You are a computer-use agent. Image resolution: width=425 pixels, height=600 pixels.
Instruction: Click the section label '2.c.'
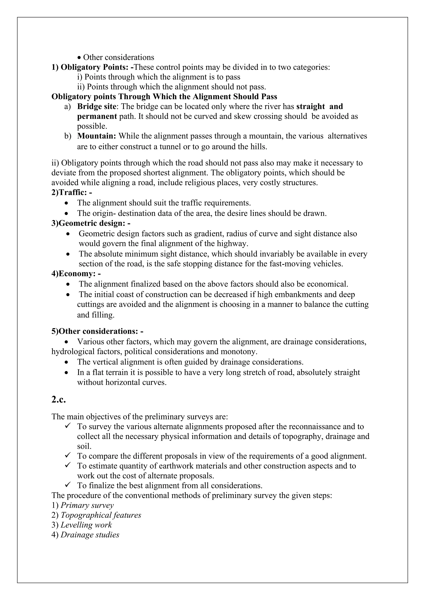coord(58,400)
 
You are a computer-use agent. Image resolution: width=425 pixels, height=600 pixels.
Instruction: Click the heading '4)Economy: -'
coord(76,274)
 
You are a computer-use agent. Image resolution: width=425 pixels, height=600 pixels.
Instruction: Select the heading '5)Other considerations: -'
coord(97,331)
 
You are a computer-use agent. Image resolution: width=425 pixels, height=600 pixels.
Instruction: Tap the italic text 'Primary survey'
coord(87,505)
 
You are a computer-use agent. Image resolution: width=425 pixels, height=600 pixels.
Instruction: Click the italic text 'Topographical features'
coord(101,515)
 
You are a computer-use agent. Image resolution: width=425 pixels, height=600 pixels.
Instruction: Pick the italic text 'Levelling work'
coord(86,525)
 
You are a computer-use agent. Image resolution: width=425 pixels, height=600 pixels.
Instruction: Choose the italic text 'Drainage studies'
coord(90,535)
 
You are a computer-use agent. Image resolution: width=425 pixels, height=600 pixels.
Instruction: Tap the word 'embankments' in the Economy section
coord(288,295)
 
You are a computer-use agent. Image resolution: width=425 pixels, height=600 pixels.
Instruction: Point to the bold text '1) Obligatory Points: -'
coord(92,67)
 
